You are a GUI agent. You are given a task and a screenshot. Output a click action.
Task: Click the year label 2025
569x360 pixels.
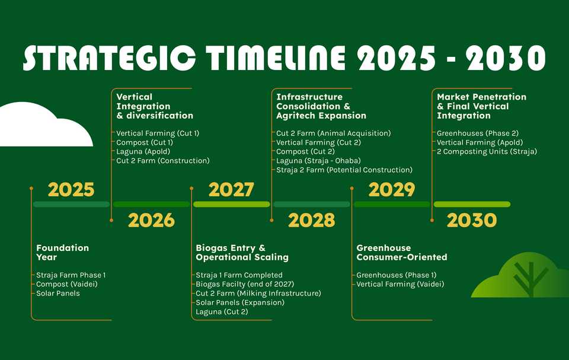pyautogui.click(x=71, y=190)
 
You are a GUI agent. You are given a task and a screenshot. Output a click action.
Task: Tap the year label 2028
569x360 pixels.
pyautogui.click(x=311, y=220)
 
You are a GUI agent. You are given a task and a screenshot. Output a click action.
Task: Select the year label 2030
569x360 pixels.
pyautogui.click(x=472, y=220)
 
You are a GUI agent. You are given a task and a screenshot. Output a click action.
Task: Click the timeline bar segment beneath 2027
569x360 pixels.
pyautogui.click(x=232, y=204)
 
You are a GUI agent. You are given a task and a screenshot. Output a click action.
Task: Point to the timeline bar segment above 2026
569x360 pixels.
pyautogui.click(x=151, y=204)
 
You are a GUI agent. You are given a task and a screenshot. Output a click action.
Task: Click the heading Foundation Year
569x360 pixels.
pyautogui.click(x=62, y=253)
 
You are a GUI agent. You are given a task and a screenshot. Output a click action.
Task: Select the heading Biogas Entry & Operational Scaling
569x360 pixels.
pyautogui.click(x=242, y=253)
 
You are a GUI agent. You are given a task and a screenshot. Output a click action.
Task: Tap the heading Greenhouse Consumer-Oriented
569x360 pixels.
pyautogui.click(x=402, y=253)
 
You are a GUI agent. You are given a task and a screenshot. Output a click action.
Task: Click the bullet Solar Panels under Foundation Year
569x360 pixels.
pyautogui.click(x=58, y=293)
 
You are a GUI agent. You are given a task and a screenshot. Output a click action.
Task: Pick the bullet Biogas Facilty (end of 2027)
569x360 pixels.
pyautogui.click(x=245, y=284)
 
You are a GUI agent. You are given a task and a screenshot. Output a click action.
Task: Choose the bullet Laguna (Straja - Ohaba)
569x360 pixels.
pyautogui.click(x=319, y=161)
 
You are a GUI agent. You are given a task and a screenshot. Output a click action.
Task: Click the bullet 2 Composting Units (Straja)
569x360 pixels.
pyautogui.click(x=487, y=151)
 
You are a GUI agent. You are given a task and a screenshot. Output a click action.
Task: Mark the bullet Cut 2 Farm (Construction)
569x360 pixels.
pyautogui.click(x=163, y=161)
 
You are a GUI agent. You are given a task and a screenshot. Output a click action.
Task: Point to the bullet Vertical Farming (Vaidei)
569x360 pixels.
pyautogui.click(x=400, y=284)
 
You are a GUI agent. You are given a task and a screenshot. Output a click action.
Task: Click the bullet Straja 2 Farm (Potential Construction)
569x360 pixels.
pyautogui.click(x=344, y=170)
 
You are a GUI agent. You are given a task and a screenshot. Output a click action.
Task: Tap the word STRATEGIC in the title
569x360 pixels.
pyautogui.click(x=109, y=58)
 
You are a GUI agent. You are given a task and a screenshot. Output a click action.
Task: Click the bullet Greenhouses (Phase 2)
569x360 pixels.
pyautogui.click(x=478, y=133)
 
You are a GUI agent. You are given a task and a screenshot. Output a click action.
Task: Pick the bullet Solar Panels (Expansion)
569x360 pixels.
pyautogui.click(x=240, y=302)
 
